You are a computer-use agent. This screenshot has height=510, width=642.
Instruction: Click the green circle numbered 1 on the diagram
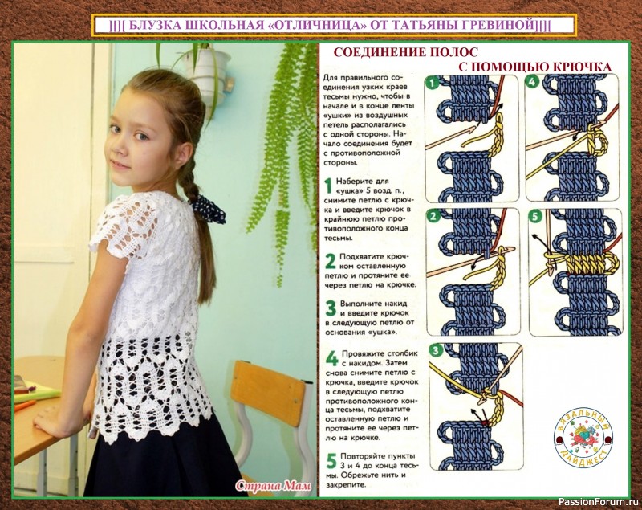coord(433,84)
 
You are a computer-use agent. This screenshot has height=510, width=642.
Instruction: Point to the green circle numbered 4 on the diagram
coord(532,82)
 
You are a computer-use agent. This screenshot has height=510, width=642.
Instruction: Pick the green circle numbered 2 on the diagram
coord(433,216)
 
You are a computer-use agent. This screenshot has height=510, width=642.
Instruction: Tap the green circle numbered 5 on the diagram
coord(536,216)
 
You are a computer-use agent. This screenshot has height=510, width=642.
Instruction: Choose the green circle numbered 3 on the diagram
coord(436,350)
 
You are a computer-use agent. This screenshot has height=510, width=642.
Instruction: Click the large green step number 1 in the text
coord(328,186)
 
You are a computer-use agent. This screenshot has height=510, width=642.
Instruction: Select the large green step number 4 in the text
coord(331,358)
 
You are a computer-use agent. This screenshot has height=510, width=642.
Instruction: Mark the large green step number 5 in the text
coord(331,461)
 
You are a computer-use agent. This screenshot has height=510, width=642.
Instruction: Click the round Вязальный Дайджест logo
coord(583,438)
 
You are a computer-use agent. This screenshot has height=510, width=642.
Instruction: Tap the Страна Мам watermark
coord(274,485)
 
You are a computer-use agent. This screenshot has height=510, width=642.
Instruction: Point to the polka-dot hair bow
coord(209,209)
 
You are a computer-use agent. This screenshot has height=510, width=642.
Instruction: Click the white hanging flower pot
coord(209,71)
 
